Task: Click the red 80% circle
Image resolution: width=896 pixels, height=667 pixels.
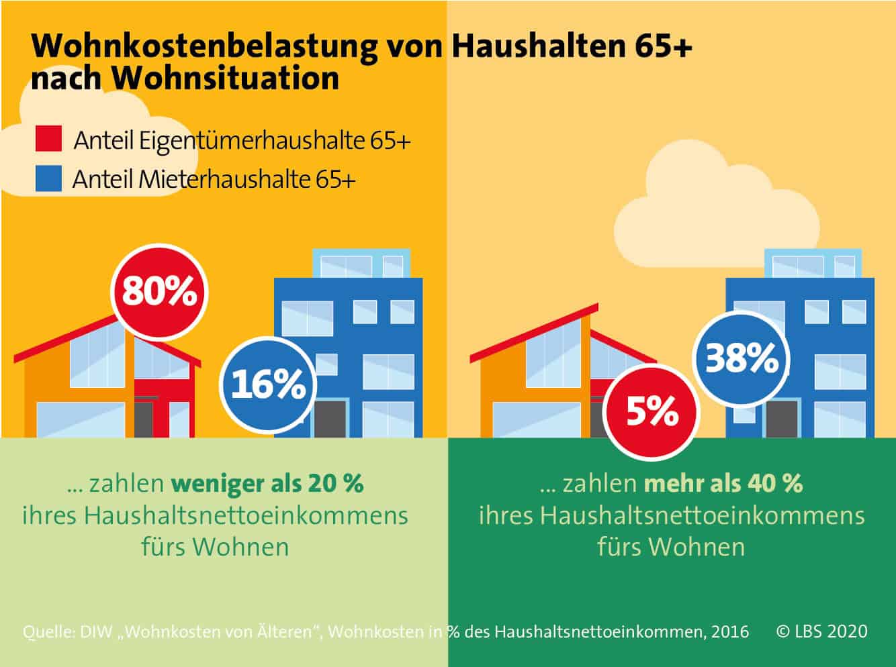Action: tap(159, 293)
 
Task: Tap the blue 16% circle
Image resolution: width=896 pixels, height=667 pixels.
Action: tap(269, 385)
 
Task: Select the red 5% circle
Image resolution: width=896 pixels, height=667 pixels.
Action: tap(652, 411)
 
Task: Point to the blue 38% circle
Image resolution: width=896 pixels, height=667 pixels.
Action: tap(742, 358)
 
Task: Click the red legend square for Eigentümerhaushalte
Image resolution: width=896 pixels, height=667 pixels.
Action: tap(48, 140)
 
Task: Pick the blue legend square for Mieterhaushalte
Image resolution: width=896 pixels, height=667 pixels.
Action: tap(48, 178)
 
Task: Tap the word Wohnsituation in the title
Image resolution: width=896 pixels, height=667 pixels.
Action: tap(225, 79)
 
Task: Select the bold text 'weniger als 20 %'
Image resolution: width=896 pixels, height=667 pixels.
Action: tap(267, 483)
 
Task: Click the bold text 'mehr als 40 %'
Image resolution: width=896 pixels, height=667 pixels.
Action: tap(723, 483)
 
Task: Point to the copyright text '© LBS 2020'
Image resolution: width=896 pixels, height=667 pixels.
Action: tap(821, 631)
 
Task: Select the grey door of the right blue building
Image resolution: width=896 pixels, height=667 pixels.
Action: tap(782, 419)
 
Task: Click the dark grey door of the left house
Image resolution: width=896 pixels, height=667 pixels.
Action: tap(144, 419)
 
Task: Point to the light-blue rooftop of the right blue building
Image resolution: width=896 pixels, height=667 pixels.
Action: tap(812, 264)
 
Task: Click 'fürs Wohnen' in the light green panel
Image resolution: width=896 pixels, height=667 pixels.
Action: tap(215, 547)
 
